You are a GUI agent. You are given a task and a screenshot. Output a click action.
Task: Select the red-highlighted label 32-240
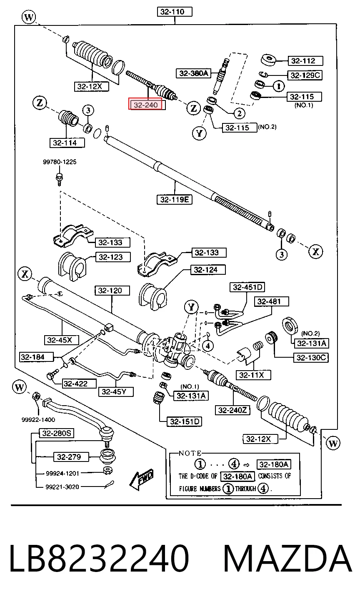pyautogui.click(x=145, y=104)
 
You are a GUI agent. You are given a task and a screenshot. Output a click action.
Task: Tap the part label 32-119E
pyautogui.click(x=175, y=200)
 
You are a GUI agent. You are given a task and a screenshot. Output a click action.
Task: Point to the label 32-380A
pyautogui.click(x=193, y=73)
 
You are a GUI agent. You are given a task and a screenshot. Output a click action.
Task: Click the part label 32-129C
pyautogui.click(x=305, y=75)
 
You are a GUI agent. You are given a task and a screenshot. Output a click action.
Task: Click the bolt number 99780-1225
pyautogui.click(x=60, y=162)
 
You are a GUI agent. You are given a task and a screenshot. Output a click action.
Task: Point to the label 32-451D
pyautogui.click(x=247, y=287)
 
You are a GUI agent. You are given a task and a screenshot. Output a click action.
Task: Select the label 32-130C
pyautogui.click(x=311, y=358)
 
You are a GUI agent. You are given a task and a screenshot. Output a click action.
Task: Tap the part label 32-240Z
pyautogui.click(x=232, y=410)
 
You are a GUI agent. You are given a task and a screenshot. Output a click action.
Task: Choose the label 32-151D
pyautogui.click(x=185, y=421)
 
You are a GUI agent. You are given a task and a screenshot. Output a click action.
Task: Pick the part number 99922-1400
pyautogui.click(x=38, y=420)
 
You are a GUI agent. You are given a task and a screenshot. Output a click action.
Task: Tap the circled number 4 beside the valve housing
pyautogui.click(x=208, y=346)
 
